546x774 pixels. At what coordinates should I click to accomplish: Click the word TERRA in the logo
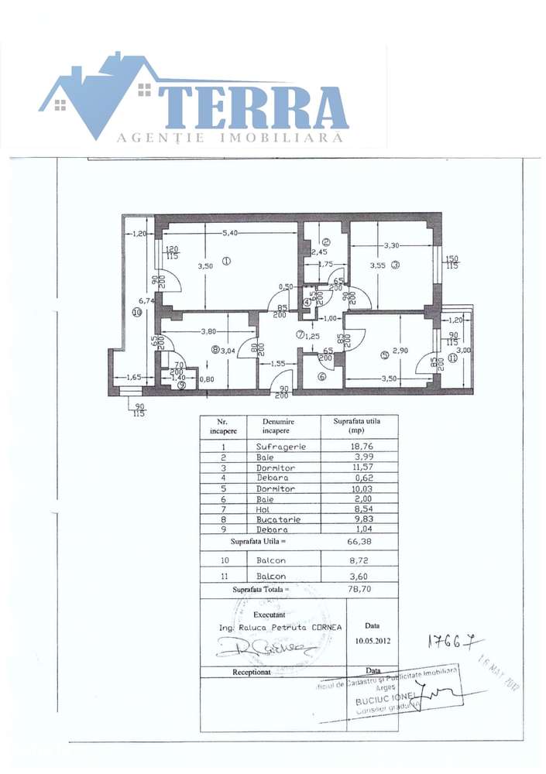(x=256, y=108)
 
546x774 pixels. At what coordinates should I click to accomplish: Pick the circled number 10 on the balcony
(x=136, y=313)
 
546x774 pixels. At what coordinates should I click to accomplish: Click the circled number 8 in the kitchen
(x=216, y=350)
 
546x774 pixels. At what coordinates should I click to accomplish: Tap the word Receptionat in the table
(x=252, y=673)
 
